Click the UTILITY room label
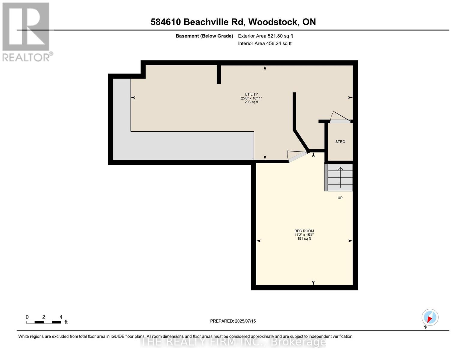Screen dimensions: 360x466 [x=251, y=94]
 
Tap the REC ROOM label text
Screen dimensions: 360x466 [x=304, y=231]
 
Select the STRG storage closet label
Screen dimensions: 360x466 [x=340, y=142]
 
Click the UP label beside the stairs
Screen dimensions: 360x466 [x=340, y=198]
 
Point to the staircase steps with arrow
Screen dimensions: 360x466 [x=340, y=177]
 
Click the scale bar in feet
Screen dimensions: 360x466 [x=44, y=322]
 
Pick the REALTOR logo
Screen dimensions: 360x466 [x=26, y=31]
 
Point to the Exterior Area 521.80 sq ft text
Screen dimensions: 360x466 [x=265, y=36]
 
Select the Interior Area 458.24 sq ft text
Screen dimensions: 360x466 [x=265, y=43]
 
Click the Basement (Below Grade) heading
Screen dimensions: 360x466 [x=204, y=36]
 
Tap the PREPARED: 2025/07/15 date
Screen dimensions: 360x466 [x=233, y=321]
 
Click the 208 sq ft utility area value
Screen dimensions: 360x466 [x=251, y=102]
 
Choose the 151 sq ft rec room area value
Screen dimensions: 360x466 [x=304, y=239]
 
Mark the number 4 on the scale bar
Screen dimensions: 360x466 [x=61, y=317]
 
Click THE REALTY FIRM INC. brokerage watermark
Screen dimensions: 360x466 [x=233, y=342]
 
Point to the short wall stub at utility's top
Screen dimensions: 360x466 [x=219, y=74]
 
